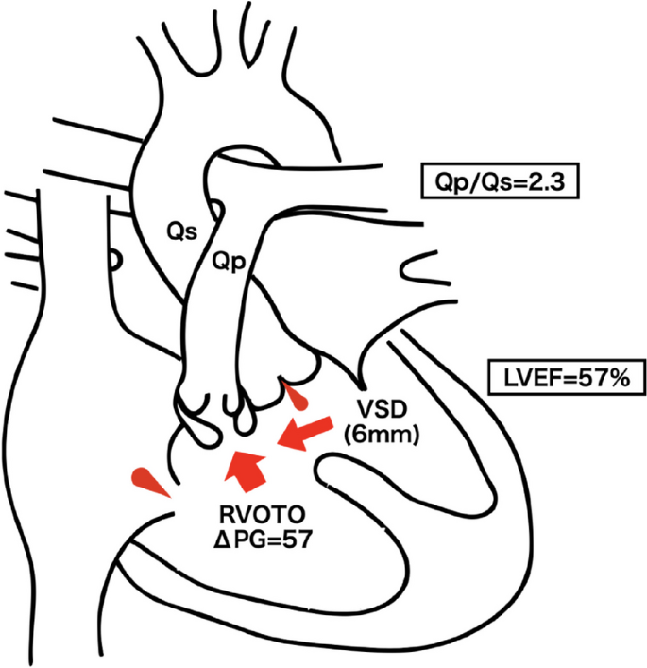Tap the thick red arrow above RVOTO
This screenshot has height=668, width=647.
point(245,470)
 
